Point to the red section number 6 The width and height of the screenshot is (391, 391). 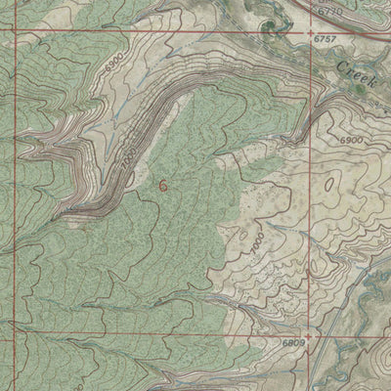(162, 183)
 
